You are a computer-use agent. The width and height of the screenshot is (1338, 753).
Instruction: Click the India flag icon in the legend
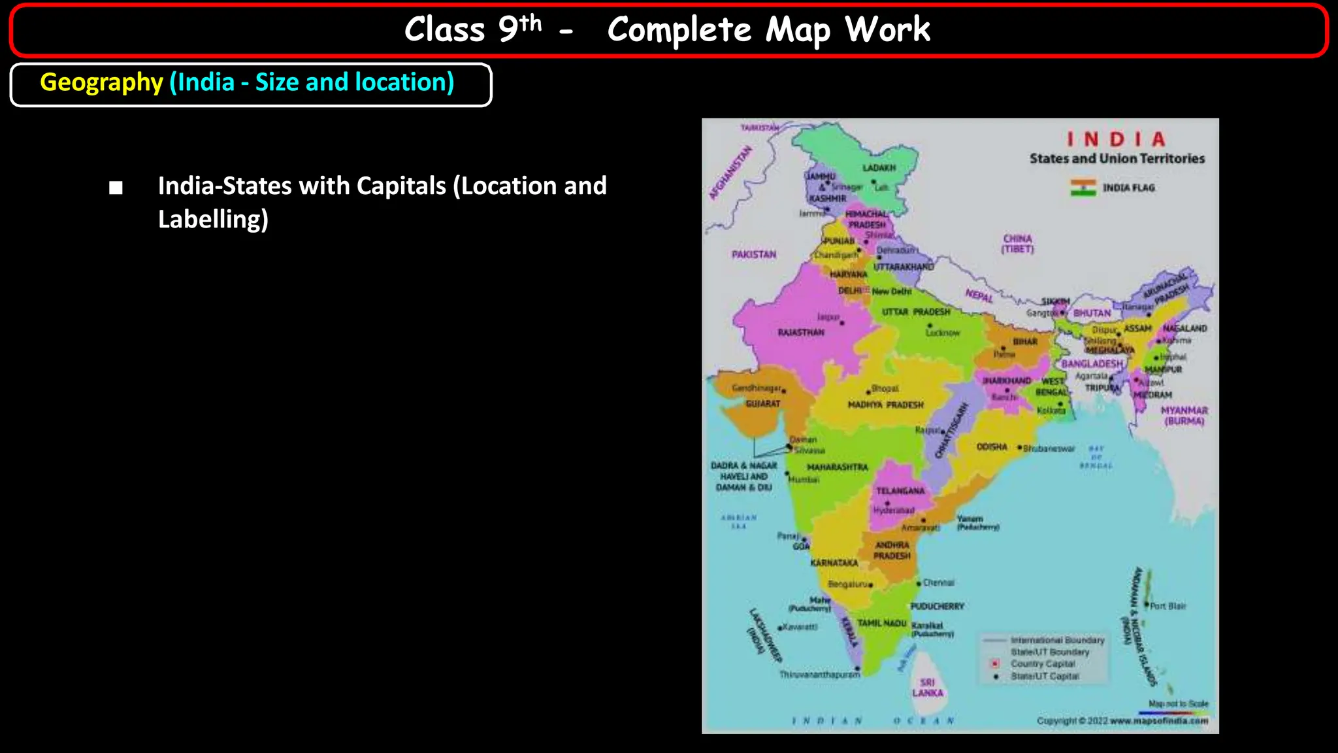pos(1083,188)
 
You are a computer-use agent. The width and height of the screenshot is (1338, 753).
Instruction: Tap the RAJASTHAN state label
pos(801,333)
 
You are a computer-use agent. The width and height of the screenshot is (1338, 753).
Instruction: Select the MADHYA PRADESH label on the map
pos(885,405)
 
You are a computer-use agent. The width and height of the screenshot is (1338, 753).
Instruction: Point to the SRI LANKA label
pos(928,688)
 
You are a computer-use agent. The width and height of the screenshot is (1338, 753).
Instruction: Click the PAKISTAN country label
pos(754,254)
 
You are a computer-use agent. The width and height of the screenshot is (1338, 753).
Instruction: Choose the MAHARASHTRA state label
pos(838,467)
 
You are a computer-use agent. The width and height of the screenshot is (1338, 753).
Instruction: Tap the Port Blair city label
pos(1167,607)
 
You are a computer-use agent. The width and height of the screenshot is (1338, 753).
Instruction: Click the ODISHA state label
pos(992,447)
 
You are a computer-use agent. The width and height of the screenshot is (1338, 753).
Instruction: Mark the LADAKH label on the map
pos(879,168)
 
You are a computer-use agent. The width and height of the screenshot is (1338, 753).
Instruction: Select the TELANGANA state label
pos(900,491)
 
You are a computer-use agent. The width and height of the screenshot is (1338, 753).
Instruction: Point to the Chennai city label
pos(939,582)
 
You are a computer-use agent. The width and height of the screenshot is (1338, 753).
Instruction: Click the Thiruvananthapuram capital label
pos(819,675)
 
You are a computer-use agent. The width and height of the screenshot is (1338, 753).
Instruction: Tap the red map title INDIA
pos(1116,139)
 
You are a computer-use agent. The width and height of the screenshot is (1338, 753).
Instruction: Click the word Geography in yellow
pos(101,83)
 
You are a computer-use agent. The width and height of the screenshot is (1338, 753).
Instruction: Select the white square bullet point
pos(116,188)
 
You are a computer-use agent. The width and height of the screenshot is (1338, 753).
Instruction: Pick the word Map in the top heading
pos(797,30)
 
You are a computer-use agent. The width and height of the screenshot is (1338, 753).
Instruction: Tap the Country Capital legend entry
pos(1043,664)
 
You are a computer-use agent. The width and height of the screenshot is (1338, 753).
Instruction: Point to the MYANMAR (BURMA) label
pos(1184,416)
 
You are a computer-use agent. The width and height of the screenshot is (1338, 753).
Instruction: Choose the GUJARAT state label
pos(762,404)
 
